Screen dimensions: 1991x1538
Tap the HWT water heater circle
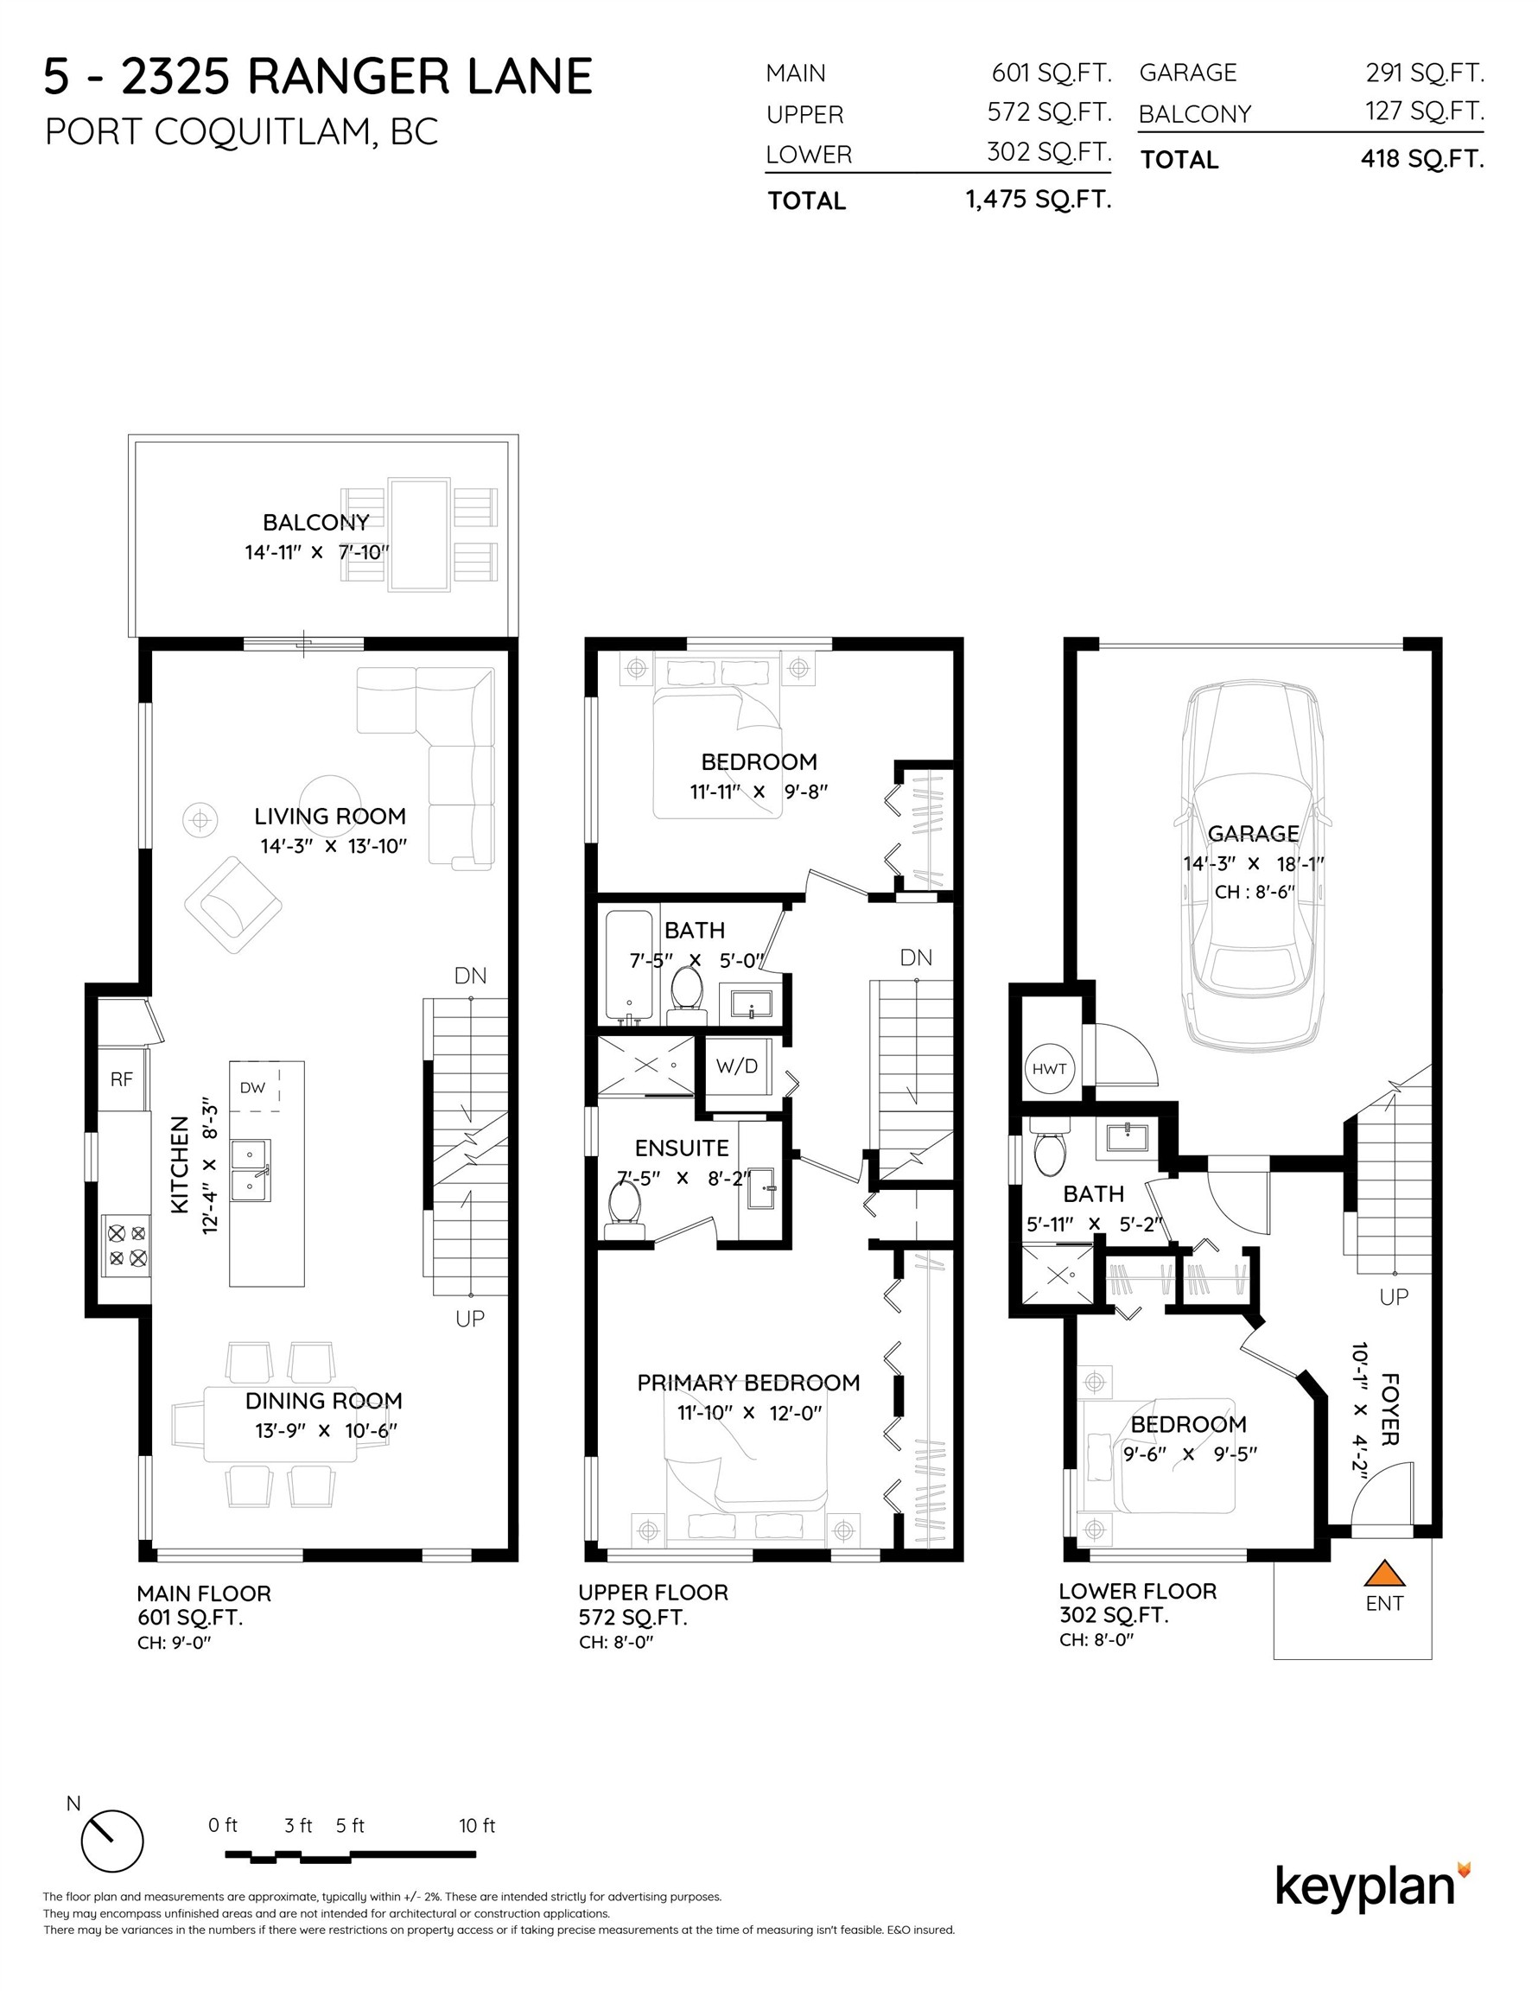1049,1068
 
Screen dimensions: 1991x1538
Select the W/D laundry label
737,1065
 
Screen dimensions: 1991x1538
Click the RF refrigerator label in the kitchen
121,1079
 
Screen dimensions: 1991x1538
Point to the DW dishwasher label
252,1088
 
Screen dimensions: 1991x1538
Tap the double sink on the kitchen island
249,1171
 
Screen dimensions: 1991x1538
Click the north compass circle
112,1842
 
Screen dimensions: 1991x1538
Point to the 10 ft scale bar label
477,1825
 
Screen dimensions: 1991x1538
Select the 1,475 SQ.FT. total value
1039,200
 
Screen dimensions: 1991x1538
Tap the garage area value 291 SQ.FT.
1424,72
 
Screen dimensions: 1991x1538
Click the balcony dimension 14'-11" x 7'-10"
316,551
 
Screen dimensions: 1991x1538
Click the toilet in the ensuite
626,1206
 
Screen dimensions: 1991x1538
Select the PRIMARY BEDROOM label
747,1383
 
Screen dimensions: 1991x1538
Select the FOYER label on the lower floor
1389,1409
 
